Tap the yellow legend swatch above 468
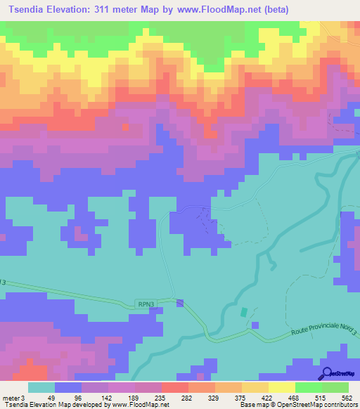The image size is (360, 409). tap(281, 387)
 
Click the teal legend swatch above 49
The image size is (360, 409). tap(41, 387)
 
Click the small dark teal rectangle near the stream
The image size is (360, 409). tap(244, 312)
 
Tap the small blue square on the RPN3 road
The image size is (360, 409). tap(181, 304)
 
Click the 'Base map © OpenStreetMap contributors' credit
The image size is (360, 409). tap(298, 405)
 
